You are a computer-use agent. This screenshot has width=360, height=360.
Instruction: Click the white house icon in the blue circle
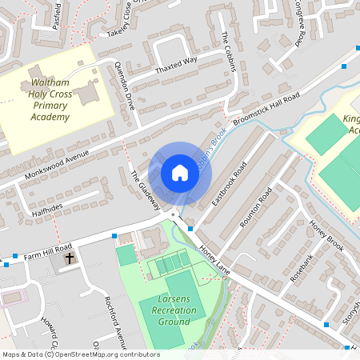(179, 173)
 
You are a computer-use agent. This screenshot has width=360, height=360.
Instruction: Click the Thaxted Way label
(175, 65)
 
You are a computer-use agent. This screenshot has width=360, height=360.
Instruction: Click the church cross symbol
(70, 258)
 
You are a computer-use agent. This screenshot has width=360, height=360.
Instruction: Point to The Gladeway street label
(146, 190)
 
